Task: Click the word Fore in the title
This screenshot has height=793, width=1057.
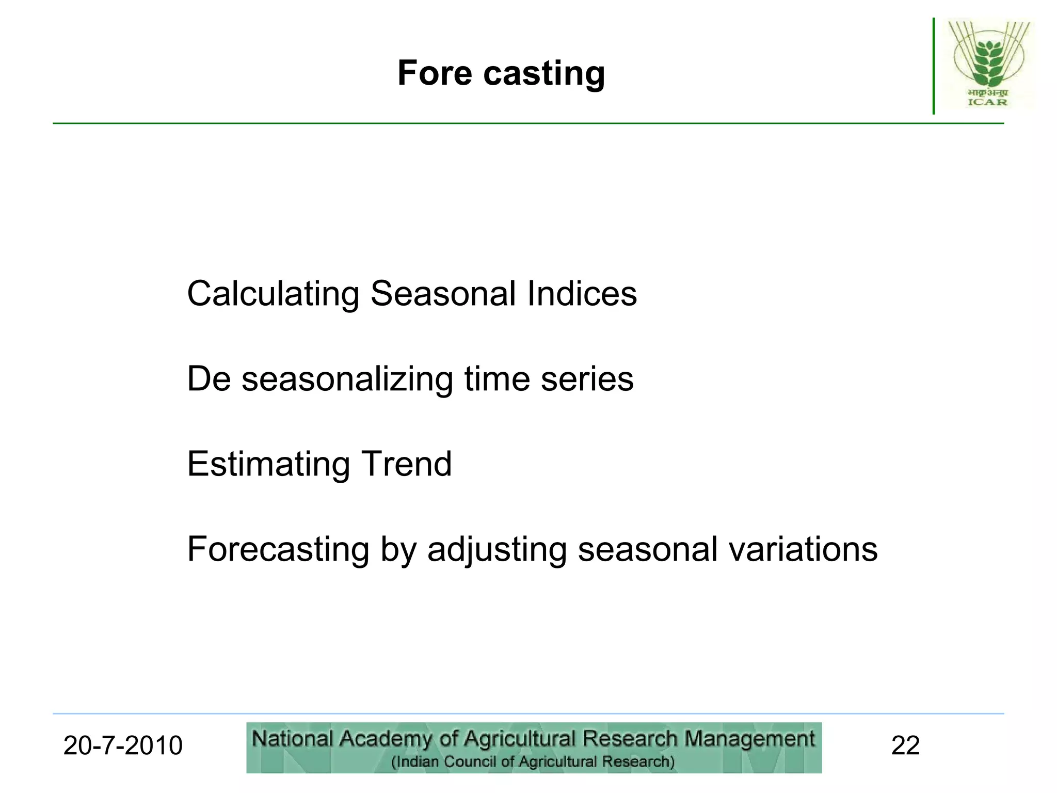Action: pos(435,73)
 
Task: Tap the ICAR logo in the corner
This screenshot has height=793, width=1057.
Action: pos(988,64)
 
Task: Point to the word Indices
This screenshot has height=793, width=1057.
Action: pos(582,294)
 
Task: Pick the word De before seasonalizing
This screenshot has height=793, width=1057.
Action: pos(209,379)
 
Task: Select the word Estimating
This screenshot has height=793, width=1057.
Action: pos(268,464)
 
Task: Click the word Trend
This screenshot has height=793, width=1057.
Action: pos(406,464)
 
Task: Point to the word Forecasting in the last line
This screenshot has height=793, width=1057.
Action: pos(278,549)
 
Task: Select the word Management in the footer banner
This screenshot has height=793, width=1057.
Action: pos(749,739)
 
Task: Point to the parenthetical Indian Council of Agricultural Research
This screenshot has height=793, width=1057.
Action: pos(533,762)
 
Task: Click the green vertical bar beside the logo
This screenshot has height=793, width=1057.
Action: pos(934,66)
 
